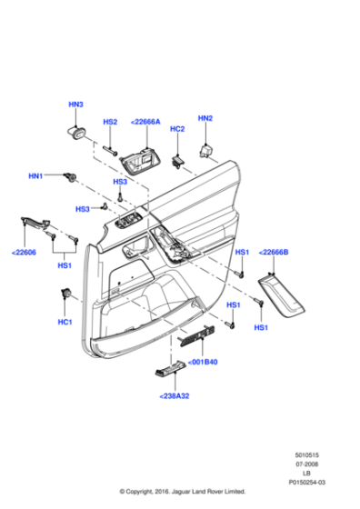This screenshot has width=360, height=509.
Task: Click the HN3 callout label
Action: tap(75, 106)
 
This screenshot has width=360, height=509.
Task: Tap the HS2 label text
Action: tap(110, 122)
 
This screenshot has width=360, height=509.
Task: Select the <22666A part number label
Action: tap(145, 122)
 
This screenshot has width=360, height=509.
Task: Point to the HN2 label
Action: tap(205, 118)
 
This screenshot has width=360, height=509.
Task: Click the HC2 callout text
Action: tap(177, 129)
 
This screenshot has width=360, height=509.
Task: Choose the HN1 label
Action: tap(36, 175)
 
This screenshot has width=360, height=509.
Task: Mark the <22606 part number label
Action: tap(25, 254)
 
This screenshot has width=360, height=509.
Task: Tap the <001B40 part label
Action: tap(203, 361)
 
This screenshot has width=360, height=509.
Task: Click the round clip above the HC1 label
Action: tap(66, 294)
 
